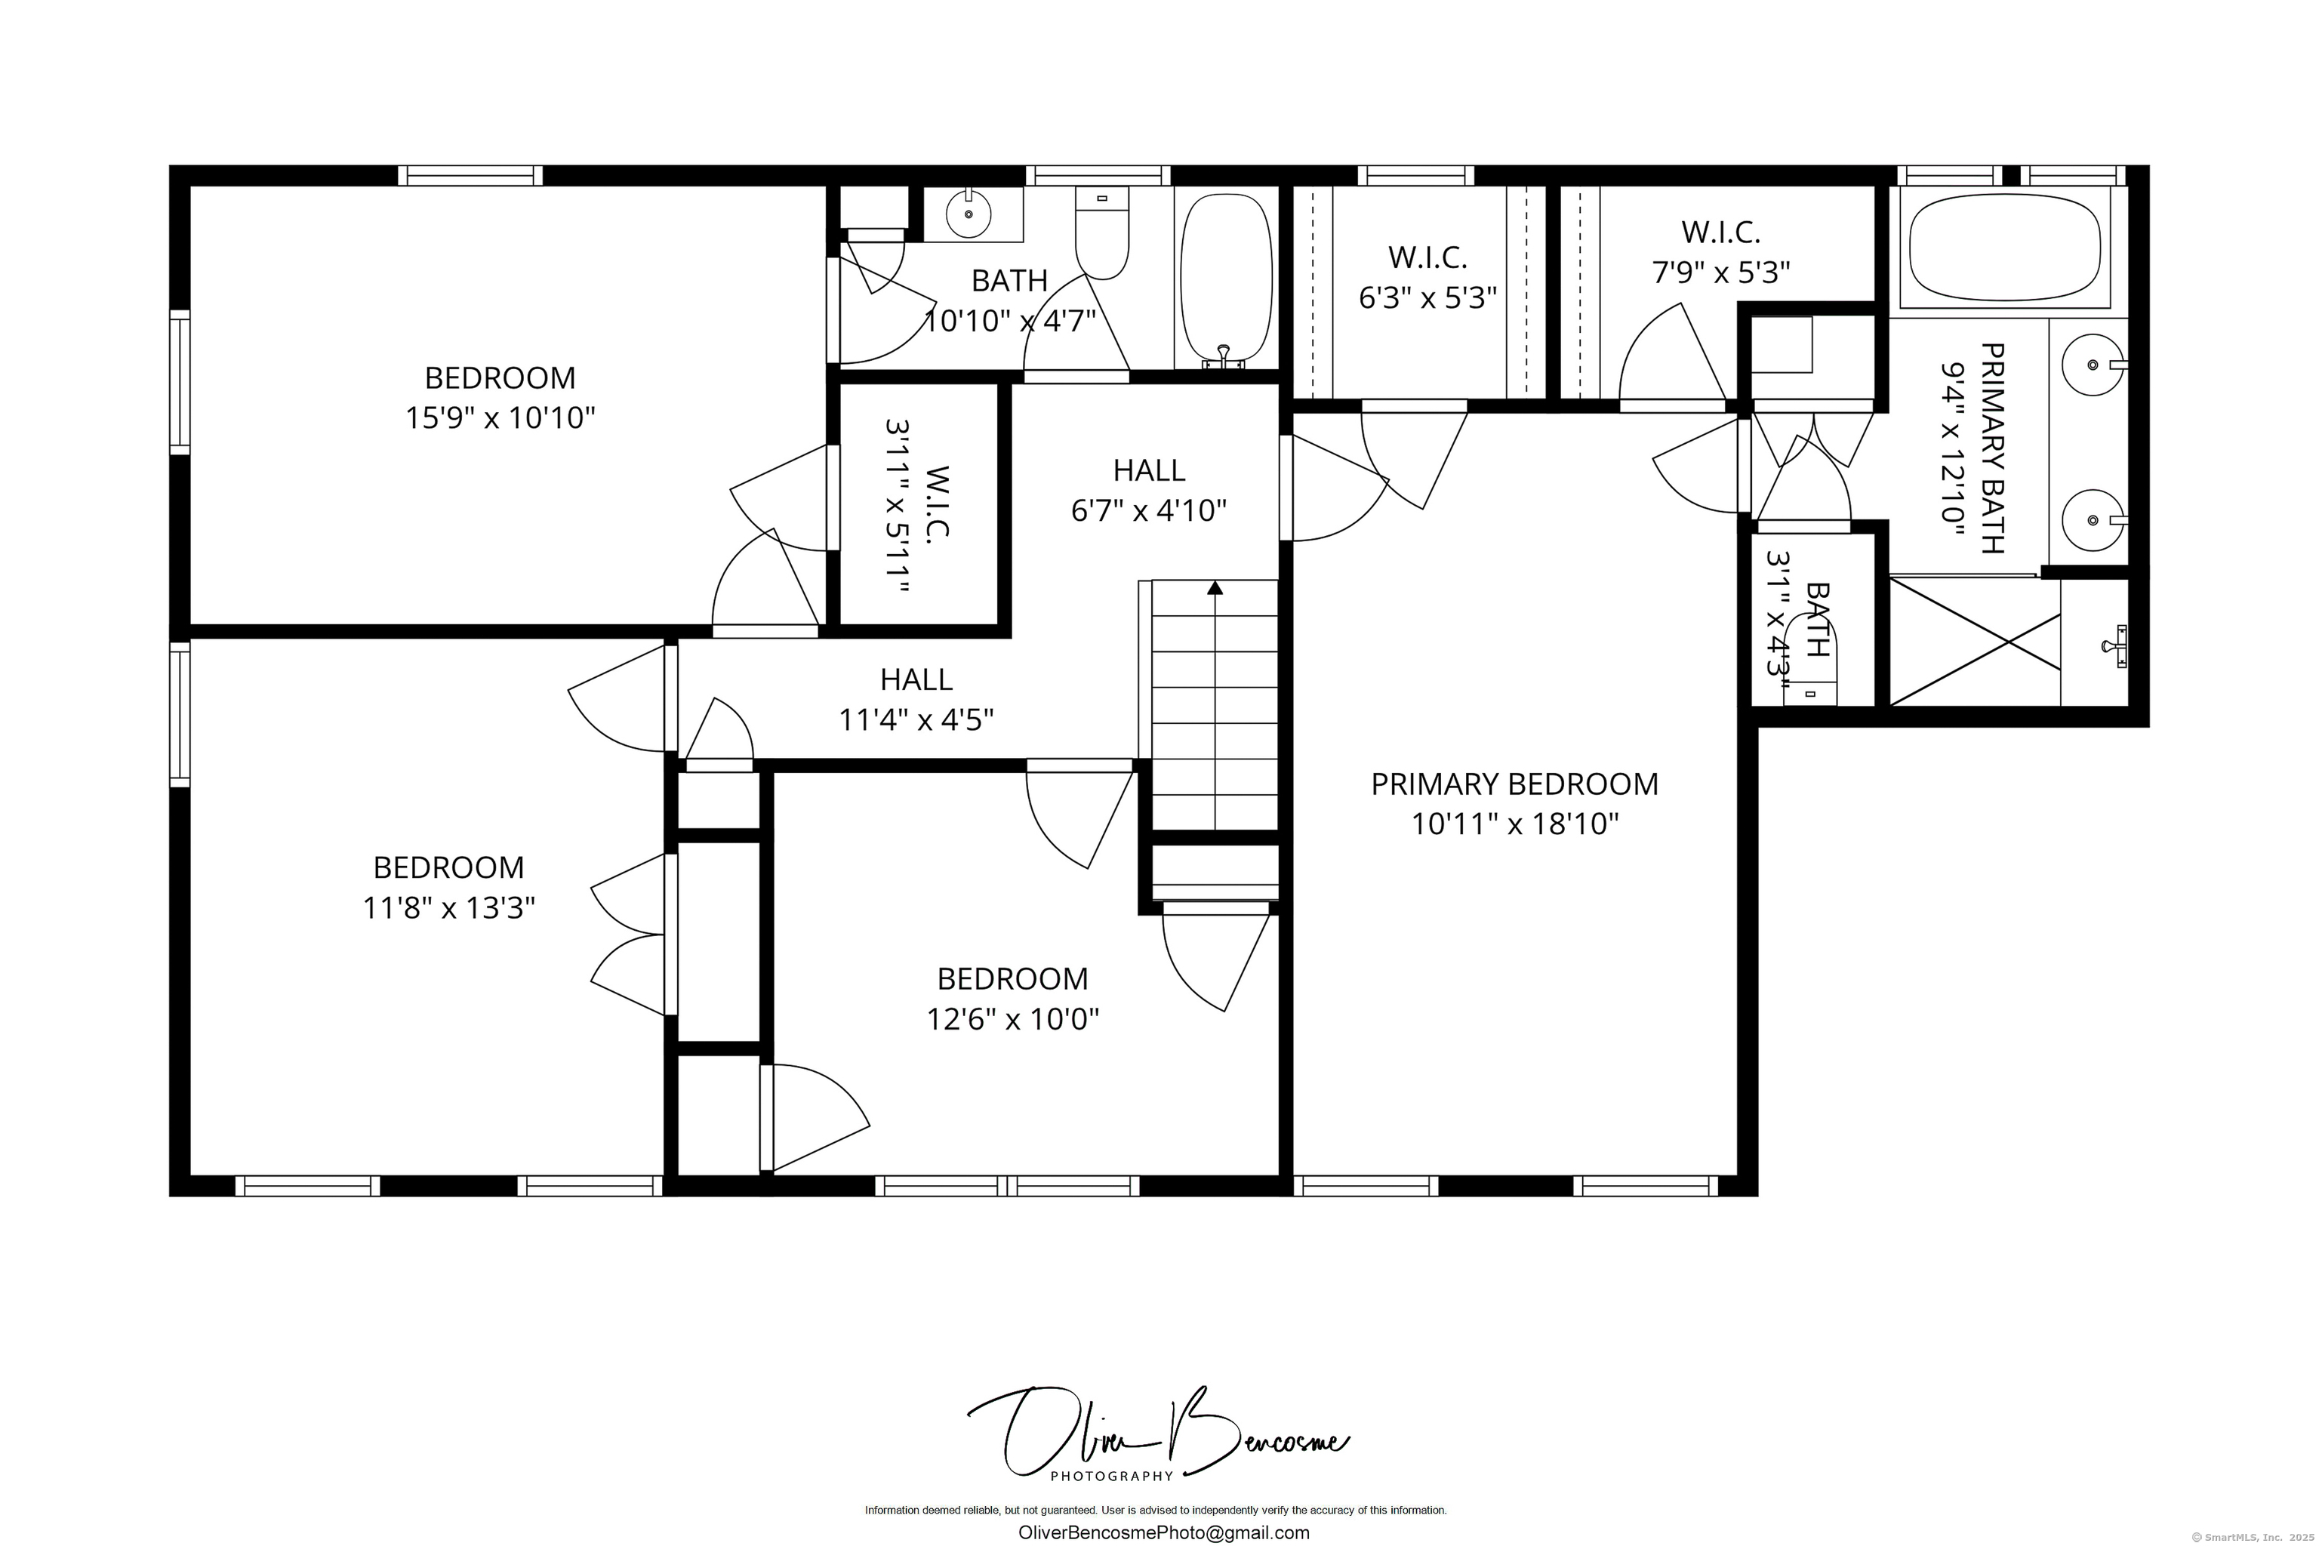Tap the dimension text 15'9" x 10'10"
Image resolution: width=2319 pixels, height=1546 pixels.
point(501,418)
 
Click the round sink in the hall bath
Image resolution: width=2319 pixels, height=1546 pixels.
point(969,214)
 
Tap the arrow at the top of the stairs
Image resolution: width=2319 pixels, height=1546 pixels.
point(1215,587)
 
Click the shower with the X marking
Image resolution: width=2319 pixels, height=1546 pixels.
point(1975,642)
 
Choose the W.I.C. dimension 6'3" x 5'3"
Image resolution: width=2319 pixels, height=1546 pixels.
point(1427,297)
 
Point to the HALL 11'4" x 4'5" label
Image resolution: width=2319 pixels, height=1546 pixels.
point(916,700)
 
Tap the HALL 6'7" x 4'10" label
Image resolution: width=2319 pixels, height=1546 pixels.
point(1149,490)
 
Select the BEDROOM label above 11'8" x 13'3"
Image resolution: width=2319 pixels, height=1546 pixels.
point(448,867)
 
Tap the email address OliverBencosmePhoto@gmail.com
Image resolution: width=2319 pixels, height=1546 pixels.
point(1163,1532)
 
